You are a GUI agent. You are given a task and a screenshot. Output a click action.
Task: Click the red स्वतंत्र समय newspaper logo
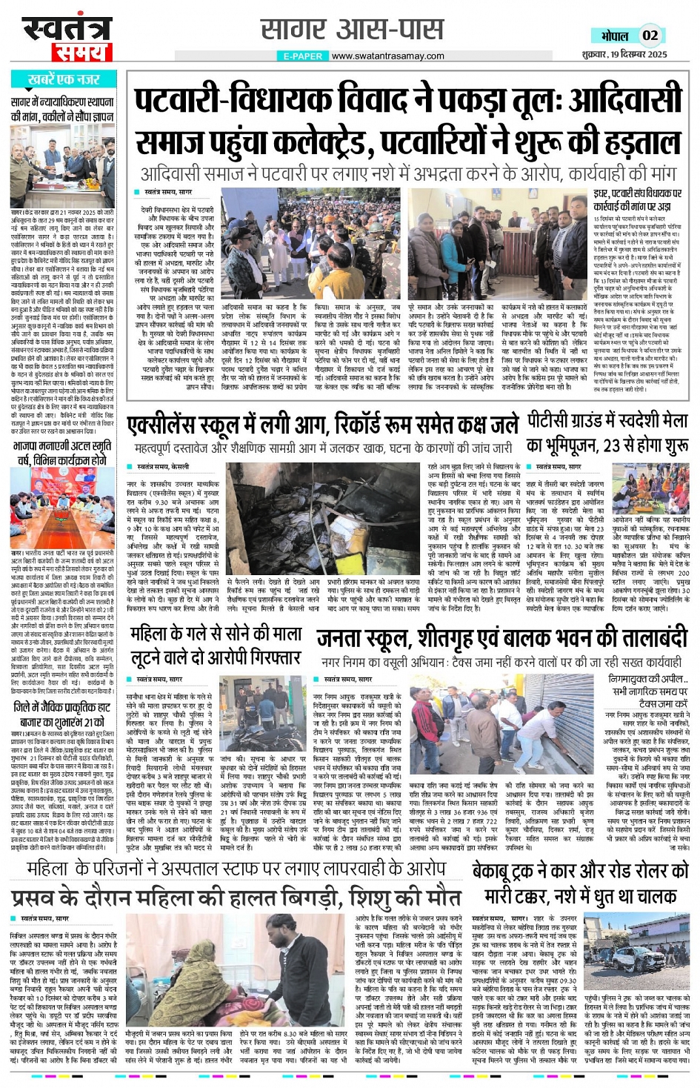tap(66, 38)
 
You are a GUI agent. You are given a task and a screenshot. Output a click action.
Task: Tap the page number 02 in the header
tap(650, 35)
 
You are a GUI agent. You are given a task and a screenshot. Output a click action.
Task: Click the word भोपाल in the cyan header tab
tap(615, 36)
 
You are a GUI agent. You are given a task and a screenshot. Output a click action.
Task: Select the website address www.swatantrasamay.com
tap(387, 56)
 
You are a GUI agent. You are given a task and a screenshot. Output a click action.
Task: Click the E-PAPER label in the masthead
tap(303, 56)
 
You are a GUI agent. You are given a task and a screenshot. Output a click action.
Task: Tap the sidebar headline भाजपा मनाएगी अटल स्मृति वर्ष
tap(62, 453)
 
